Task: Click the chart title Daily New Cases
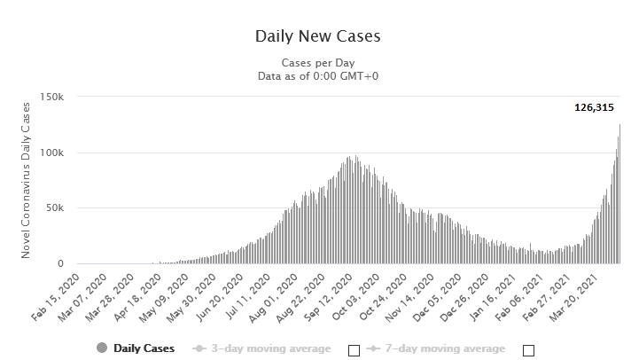pos(318,36)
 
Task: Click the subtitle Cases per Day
pos(318,63)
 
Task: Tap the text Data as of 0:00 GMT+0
pos(318,76)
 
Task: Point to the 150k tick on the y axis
pos(52,97)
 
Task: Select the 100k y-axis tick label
pos(52,153)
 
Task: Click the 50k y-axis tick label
pos(55,208)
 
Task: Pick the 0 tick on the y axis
pos(61,263)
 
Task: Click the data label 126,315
pos(594,107)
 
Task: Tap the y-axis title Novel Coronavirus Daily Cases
pos(26,180)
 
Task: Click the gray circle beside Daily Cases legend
pos(102,348)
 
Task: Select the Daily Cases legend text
pos(144,348)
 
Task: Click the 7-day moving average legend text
pos(445,348)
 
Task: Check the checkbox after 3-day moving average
pos(354,350)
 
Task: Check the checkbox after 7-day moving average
pos(528,350)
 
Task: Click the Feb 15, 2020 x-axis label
pos(57,297)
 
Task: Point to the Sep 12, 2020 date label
pos(329,297)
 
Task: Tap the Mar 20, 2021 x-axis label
pos(574,297)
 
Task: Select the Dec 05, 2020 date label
pos(438,297)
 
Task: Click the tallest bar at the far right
pos(619,193)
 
